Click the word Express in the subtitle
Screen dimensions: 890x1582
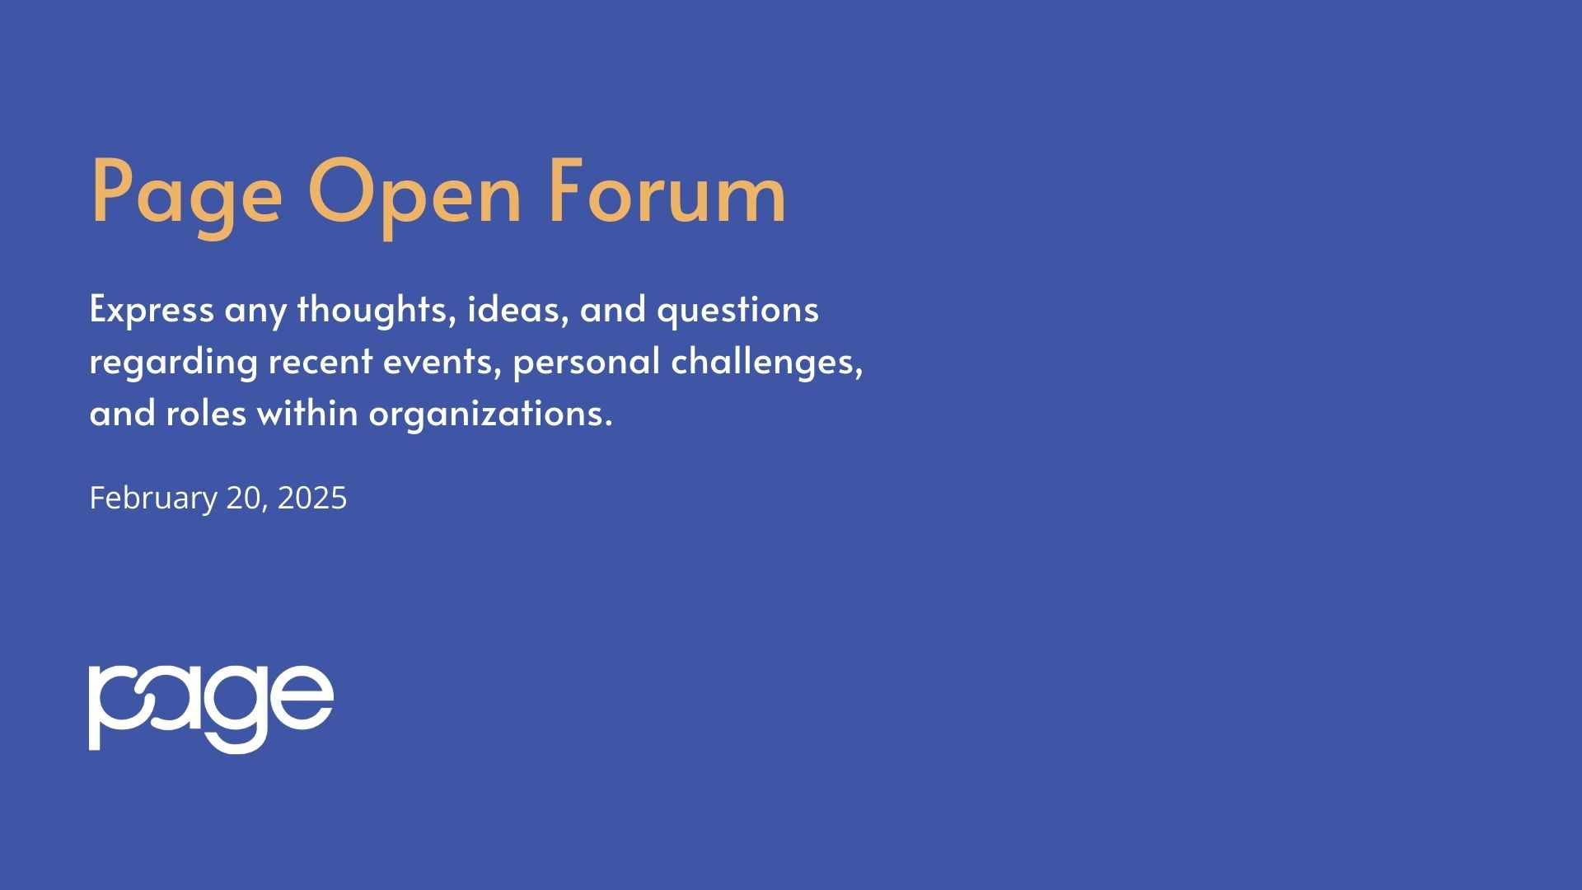[152, 311]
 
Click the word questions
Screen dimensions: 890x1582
[737, 311]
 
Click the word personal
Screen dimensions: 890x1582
[586, 362]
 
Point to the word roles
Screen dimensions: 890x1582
[205, 413]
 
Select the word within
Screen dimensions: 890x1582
[307, 413]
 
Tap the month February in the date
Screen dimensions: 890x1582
[152, 499]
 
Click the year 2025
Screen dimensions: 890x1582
[312, 499]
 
